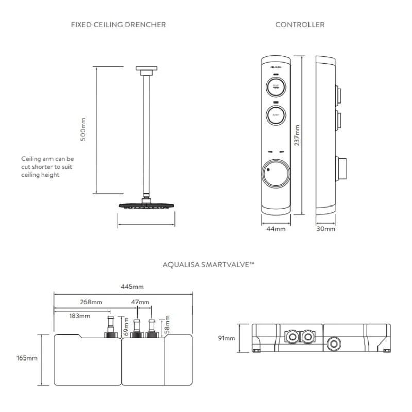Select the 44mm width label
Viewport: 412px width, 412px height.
(x=276, y=229)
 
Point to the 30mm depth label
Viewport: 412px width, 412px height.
(x=325, y=229)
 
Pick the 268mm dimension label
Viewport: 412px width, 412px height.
(x=91, y=302)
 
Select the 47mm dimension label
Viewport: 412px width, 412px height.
(x=140, y=302)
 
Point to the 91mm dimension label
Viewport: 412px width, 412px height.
(x=227, y=338)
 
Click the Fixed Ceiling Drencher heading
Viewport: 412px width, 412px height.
(x=118, y=24)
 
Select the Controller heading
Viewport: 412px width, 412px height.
(x=300, y=24)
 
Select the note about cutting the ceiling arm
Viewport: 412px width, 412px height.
(x=47, y=166)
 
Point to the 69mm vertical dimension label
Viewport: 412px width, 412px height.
(x=126, y=327)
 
